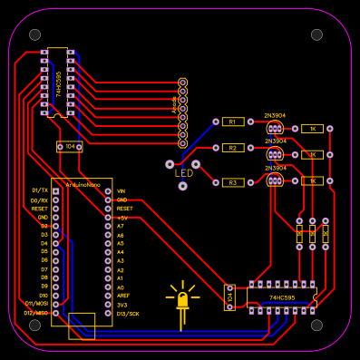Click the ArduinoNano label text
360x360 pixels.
coord(83,184)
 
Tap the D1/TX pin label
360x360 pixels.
coord(39,190)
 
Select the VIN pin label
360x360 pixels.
coord(122,190)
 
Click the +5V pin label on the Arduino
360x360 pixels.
coord(122,218)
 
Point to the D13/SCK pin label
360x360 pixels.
coord(128,313)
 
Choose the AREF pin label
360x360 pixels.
coord(123,296)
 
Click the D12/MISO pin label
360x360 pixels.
coord(35,313)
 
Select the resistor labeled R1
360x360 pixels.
coord(232,121)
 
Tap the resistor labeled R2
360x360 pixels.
coord(232,147)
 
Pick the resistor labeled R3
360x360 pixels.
coord(232,182)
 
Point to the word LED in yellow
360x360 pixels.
coord(184,173)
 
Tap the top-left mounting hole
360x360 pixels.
coord(34,34)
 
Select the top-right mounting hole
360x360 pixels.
coord(316,34)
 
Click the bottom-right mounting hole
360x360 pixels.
coord(316,324)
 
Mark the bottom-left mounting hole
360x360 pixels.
coord(34,324)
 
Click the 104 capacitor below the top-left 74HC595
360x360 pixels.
coord(68,147)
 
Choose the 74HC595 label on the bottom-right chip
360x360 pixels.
coord(282,297)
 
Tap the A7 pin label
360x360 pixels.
coord(121,227)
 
